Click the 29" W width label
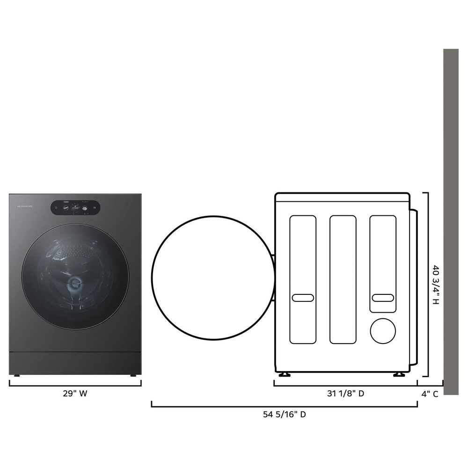[75, 394]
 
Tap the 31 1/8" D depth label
[345, 394]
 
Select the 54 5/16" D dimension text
[284, 414]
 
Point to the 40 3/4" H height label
[436, 285]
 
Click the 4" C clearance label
[430, 394]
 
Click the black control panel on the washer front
[75, 208]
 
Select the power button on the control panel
[56, 208]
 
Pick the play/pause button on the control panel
[94, 208]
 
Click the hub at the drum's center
[74, 283]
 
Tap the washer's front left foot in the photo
[17, 375]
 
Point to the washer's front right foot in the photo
[133, 375]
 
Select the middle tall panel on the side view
[343, 279]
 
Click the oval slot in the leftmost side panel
[302, 298]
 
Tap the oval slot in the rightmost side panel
[383, 298]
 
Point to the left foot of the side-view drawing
[284, 374]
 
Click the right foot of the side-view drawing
[399, 374]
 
